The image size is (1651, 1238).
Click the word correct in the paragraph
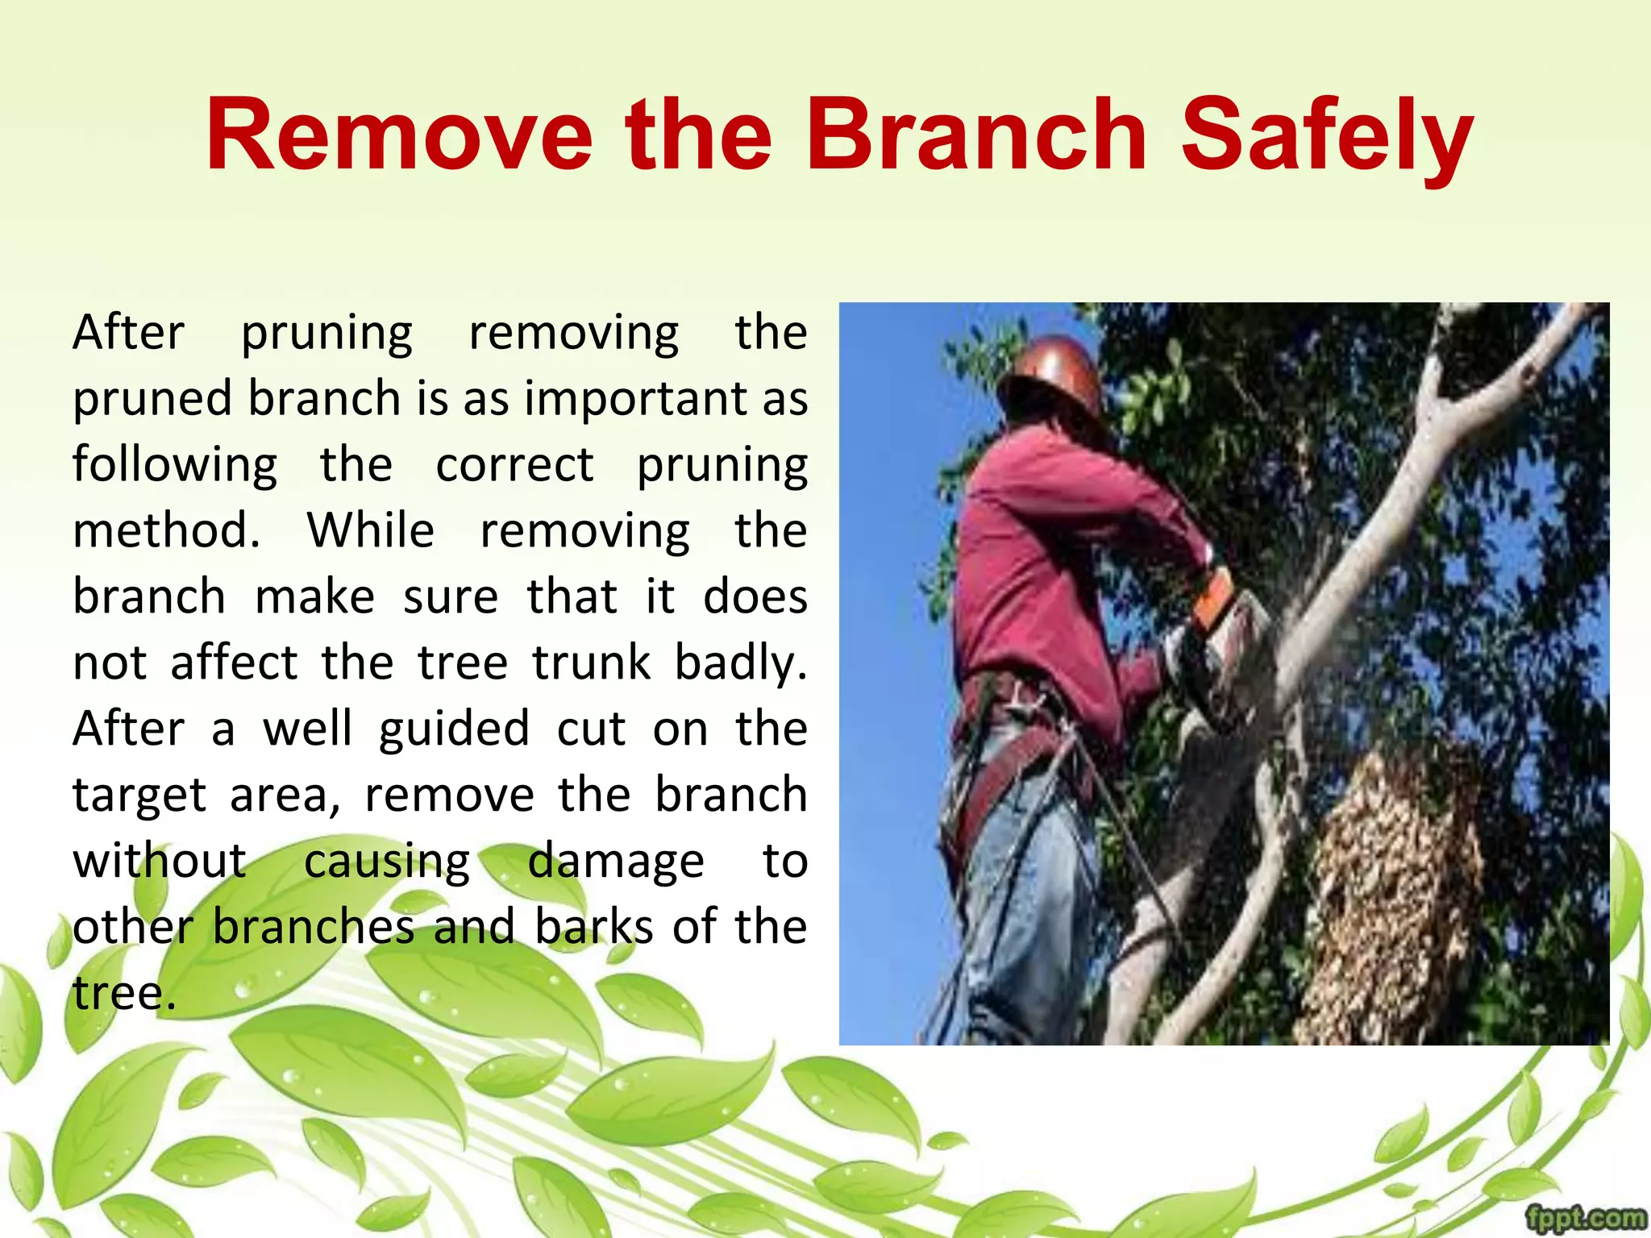pos(514,465)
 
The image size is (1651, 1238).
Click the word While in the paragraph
pos(371,531)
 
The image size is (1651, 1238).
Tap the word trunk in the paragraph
pos(590,663)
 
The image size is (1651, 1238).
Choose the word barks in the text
pos(594,927)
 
